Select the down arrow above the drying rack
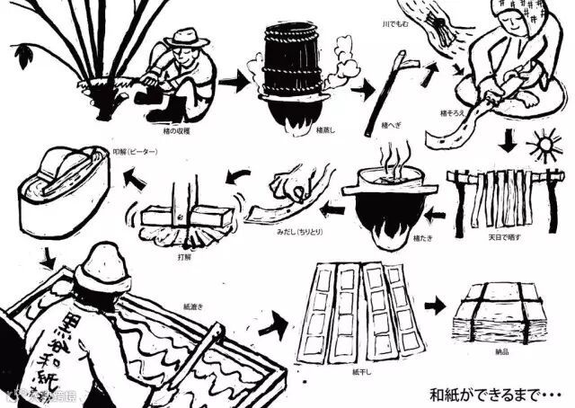[x=509, y=143]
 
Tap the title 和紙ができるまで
[x=490, y=393]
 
